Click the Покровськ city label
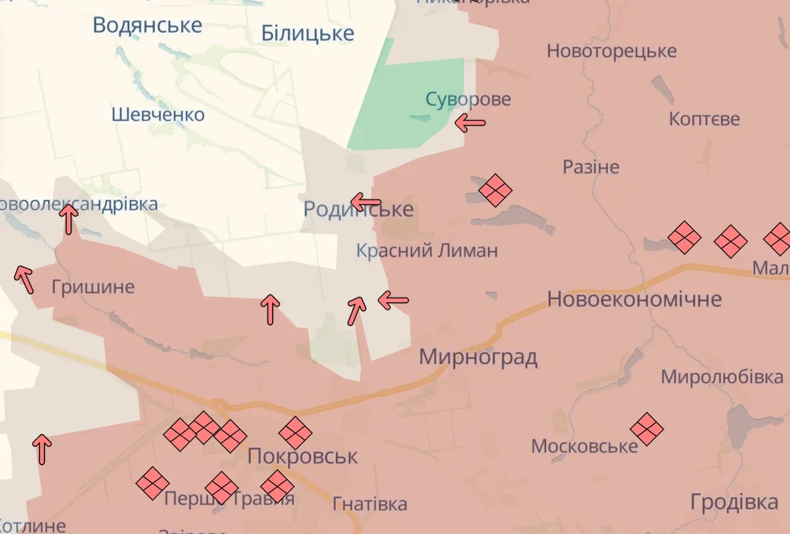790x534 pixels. (303, 456)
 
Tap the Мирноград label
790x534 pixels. (478, 357)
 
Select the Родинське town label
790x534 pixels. (359, 210)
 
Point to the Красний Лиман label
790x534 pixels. (427, 251)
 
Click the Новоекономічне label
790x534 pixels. (634, 299)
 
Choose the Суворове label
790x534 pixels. (468, 100)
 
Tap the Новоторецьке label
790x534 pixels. (611, 51)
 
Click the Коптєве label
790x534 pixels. (704, 119)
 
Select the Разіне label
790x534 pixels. (591, 167)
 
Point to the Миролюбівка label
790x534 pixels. (722, 376)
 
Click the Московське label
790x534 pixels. (584, 447)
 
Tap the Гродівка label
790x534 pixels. (734, 502)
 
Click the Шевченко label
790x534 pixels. (158, 115)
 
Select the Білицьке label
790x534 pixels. (308, 34)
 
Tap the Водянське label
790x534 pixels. (147, 25)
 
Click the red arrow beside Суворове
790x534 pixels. (471, 123)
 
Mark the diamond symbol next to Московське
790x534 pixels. (647, 429)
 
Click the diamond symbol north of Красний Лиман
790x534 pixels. (495, 189)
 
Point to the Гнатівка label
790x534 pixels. (370, 503)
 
